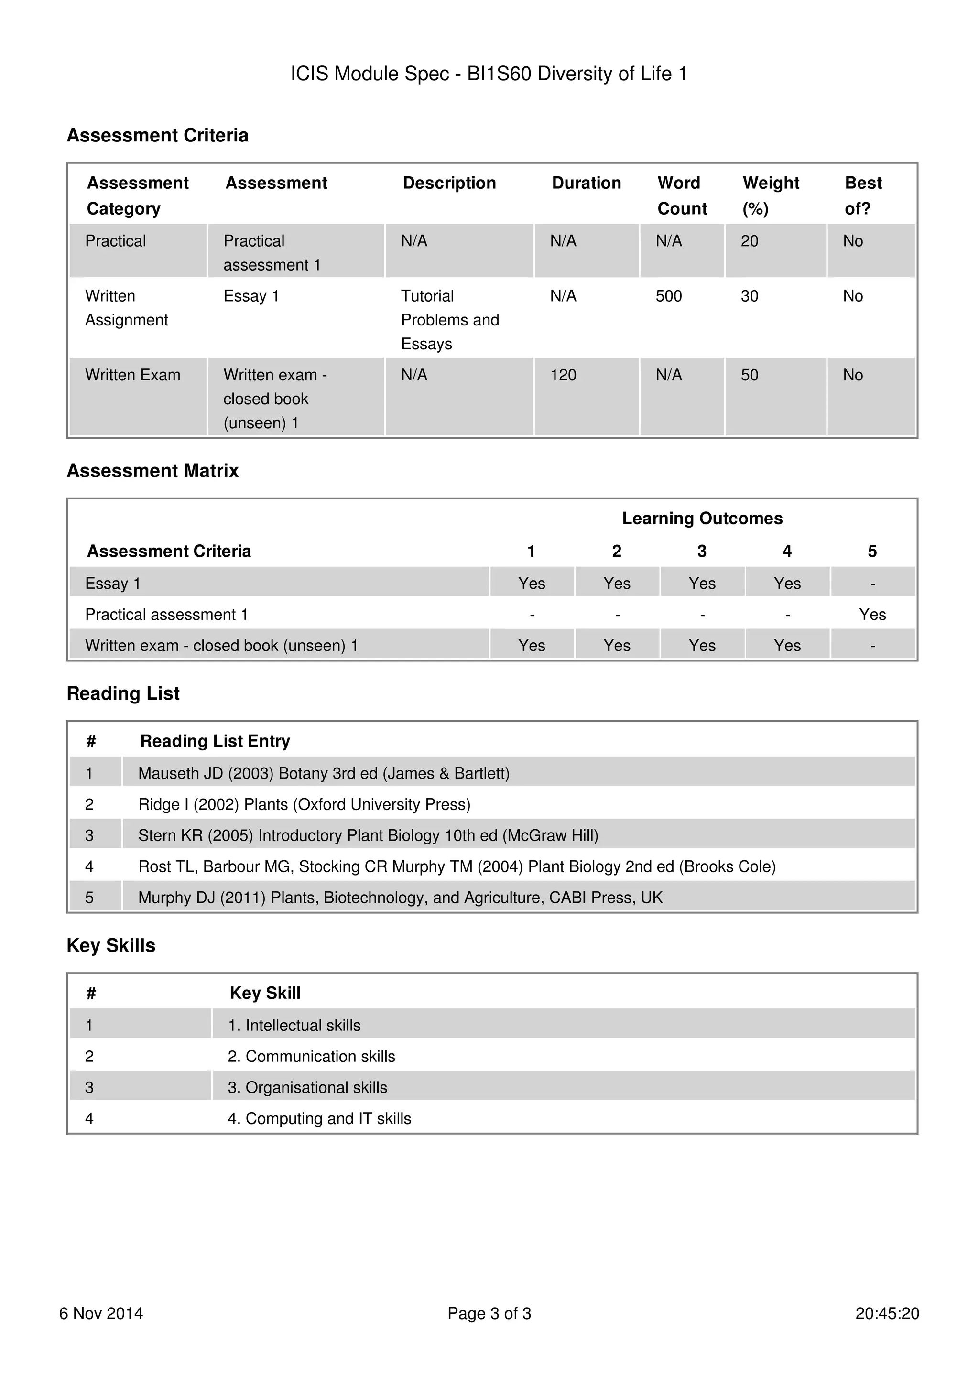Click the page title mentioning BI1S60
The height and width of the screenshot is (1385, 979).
(489, 74)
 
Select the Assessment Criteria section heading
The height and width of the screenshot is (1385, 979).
(157, 135)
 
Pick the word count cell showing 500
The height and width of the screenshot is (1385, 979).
(668, 296)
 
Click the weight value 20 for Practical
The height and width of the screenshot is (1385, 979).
(749, 241)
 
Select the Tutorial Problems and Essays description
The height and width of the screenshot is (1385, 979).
(449, 320)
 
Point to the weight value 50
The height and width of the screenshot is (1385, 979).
(749, 375)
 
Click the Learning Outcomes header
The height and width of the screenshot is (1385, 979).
(702, 518)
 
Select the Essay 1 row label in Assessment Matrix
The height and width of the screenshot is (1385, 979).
(113, 584)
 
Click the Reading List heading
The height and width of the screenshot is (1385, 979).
(123, 694)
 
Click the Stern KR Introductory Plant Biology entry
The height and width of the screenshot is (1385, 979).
(368, 835)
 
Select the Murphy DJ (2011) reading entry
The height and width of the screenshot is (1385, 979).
(400, 898)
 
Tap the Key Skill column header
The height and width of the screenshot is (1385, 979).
(265, 993)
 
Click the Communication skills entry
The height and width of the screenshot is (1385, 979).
(311, 1056)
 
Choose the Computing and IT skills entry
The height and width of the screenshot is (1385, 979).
(319, 1118)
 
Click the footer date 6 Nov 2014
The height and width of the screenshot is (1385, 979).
(101, 1313)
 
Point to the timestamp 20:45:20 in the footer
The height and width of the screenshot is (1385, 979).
(886, 1313)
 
